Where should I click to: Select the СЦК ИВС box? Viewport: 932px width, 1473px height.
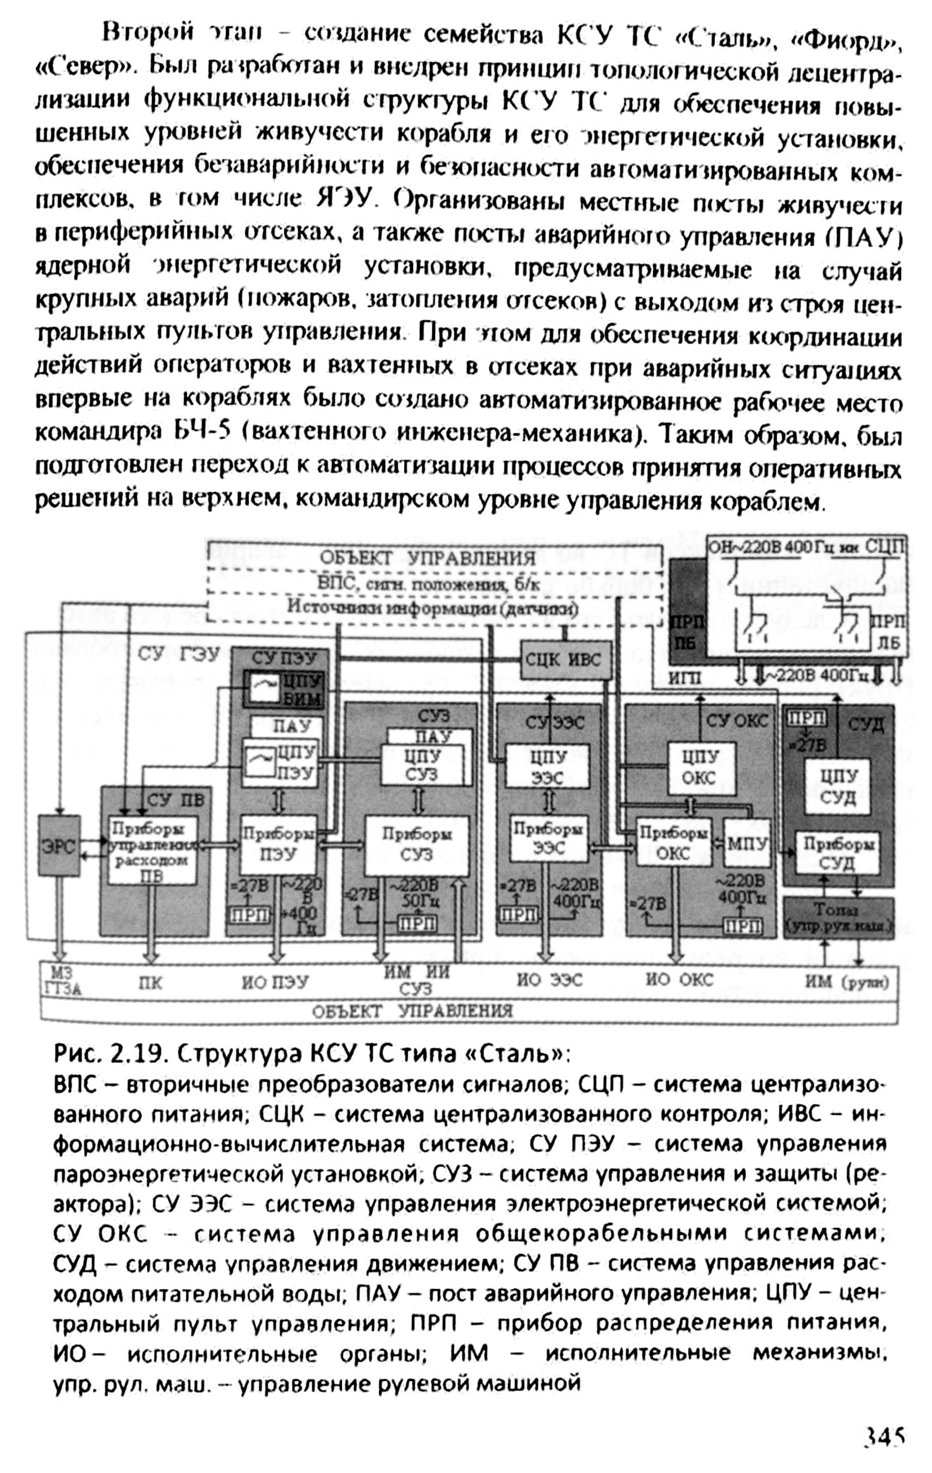click(565, 659)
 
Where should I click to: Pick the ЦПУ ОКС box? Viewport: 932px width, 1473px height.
click(700, 768)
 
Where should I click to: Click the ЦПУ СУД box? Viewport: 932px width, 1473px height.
click(836, 787)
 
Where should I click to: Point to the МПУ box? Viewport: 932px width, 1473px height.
click(747, 843)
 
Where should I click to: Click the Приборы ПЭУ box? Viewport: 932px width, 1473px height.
click(278, 845)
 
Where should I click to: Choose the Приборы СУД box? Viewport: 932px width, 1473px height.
click(836, 853)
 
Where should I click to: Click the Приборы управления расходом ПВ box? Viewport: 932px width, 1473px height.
click(153, 850)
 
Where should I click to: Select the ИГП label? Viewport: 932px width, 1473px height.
click(684, 679)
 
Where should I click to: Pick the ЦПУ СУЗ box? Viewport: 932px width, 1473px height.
click(421, 765)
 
